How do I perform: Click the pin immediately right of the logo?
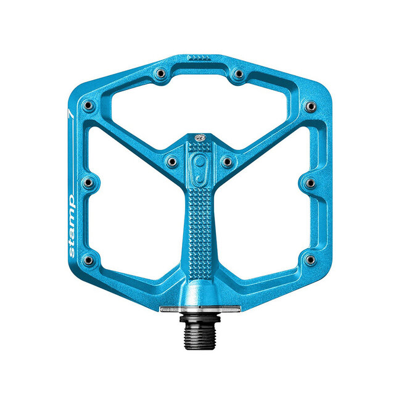pos(227,162)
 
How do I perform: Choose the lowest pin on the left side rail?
pos(91,259)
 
